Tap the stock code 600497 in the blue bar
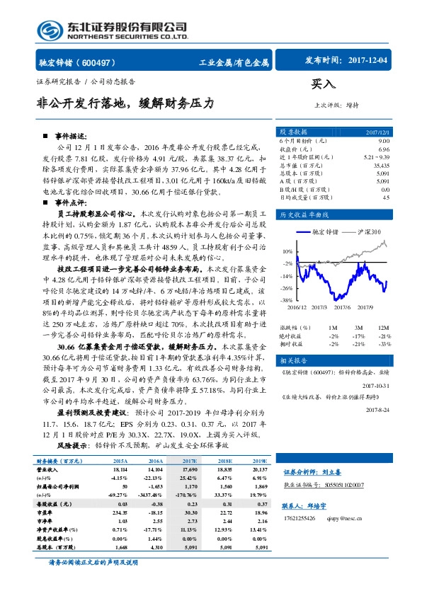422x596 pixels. click(x=105, y=62)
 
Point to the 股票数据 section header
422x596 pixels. click(x=293, y=132)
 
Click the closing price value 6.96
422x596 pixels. click(x=384, y=149)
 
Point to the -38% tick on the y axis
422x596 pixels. click(x=286, y=301)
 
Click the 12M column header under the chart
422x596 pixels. click(x=384, y=328)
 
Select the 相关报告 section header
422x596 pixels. click(x=293, y=360)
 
